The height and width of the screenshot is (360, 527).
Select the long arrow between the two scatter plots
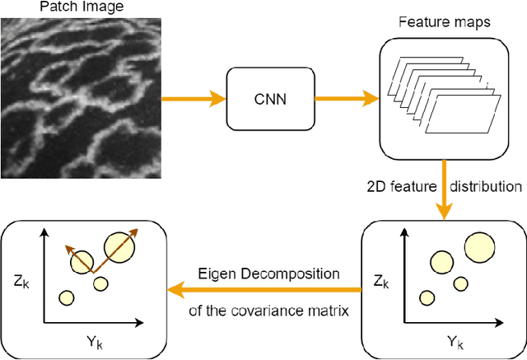pos(263,289)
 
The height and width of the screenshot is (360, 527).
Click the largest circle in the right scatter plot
pos(481,247)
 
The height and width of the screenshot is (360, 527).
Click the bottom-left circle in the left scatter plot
pos(66,297)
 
